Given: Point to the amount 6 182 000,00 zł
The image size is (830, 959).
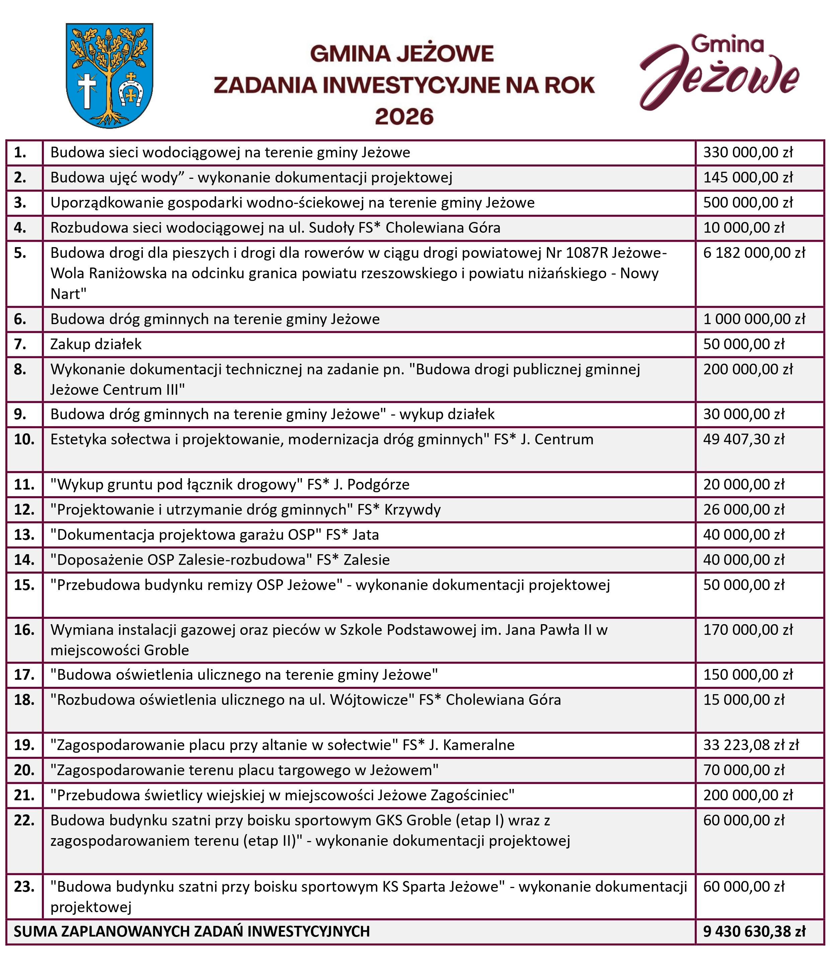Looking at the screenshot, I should [x=754, y=253].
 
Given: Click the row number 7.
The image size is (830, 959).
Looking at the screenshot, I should [x=20, y=344].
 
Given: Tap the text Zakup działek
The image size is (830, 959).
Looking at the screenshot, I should [x=96, y=344].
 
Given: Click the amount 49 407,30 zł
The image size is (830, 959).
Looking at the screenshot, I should [x=744, y=439].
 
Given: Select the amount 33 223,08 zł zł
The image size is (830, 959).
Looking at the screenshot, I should [x=751, y=745].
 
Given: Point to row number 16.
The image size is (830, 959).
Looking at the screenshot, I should [x=24, y=630].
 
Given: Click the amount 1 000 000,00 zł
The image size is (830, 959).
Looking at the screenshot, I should [x=754, y=319].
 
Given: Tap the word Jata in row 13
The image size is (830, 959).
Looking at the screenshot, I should [x=365, y=535].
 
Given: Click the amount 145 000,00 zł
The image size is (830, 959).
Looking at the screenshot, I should [x=748, y=177].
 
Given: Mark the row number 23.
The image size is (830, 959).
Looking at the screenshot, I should [x=24, y=887].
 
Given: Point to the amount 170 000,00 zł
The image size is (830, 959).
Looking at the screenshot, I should [x=748, y=630].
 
